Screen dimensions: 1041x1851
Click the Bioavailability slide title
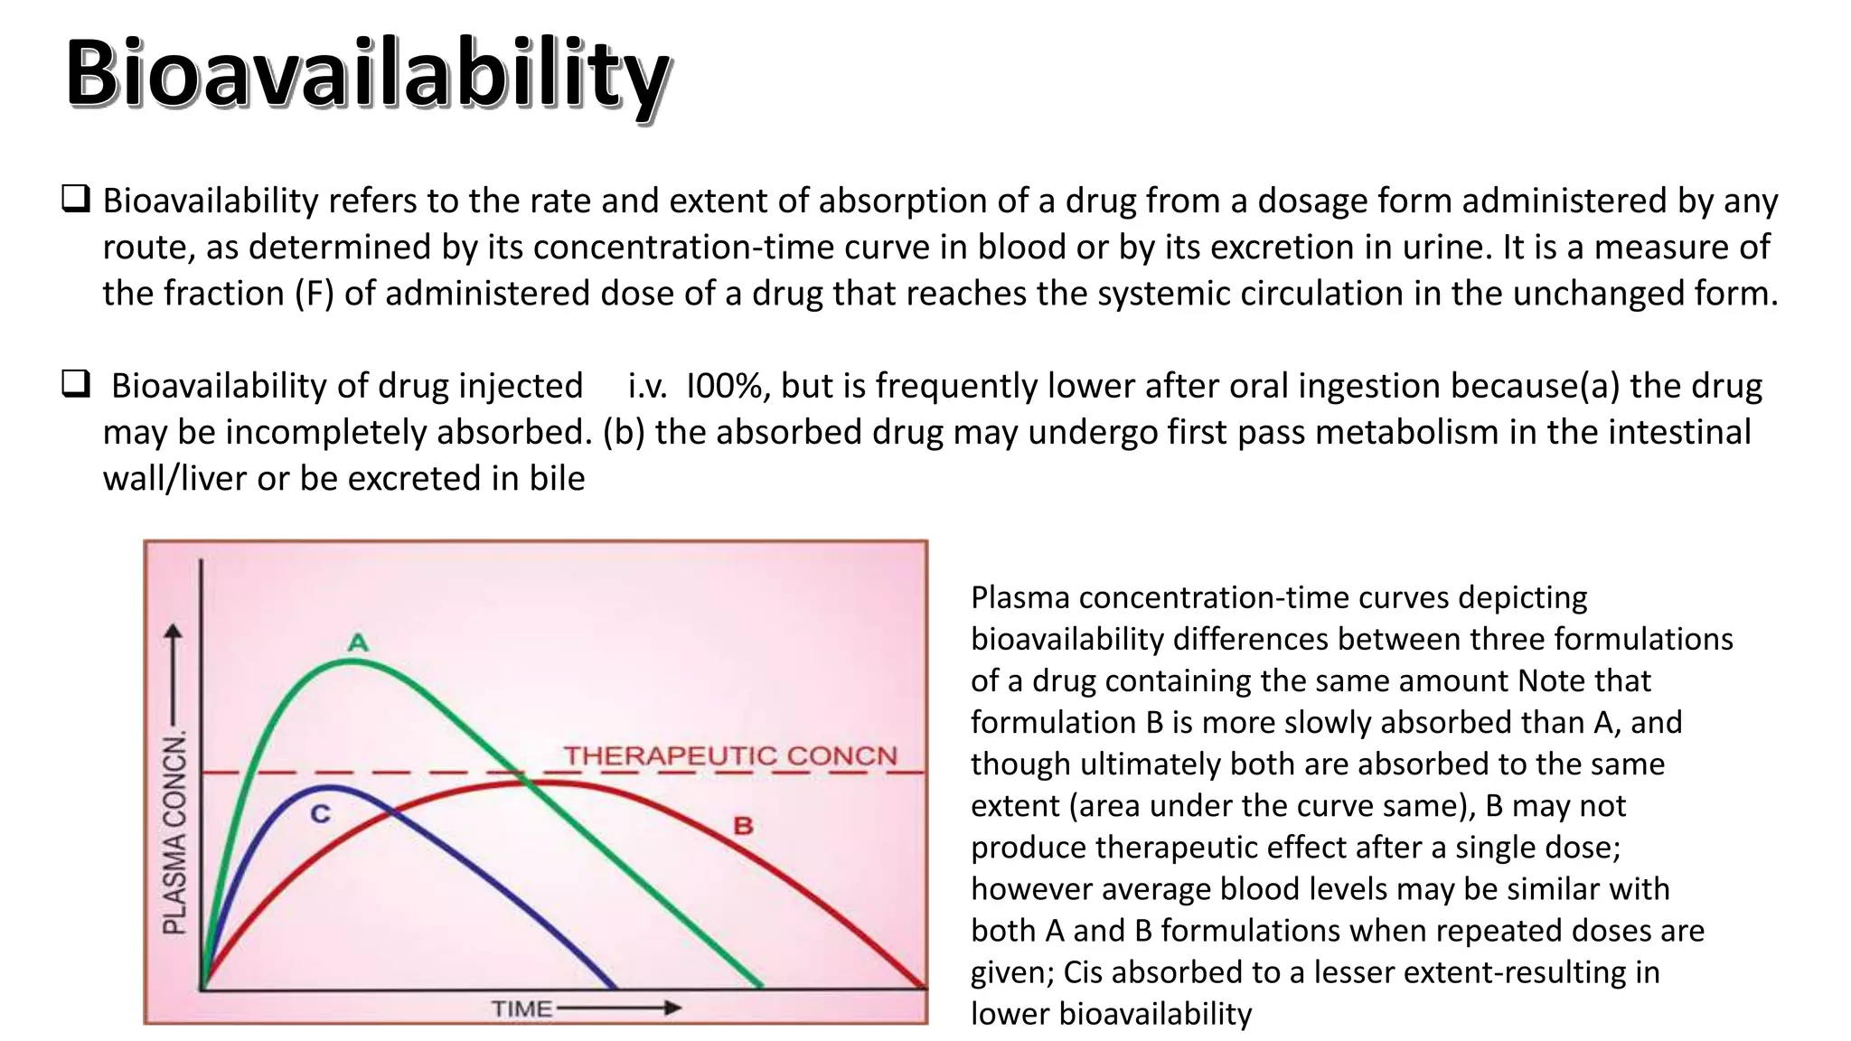pyautogui.click(x=367, y=74)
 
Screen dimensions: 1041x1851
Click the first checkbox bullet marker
pyautogui.click(x=75, y=199)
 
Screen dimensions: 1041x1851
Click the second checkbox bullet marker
pyautogui.click(x=75, y=384)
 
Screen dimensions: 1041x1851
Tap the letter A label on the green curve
pyautogui.click(x=358, y=642)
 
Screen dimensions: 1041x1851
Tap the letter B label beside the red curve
pyautogui.click(x=743, y=825)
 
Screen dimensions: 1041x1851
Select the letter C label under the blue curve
pyautogui.click(x=321, y=814)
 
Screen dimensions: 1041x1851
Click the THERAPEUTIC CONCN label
pyautogui.click(x=730, y=755)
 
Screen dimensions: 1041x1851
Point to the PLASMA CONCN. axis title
pyautogui.click(x=175, y=832)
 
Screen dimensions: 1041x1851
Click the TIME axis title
pyautogui.click(x=521, y=1008)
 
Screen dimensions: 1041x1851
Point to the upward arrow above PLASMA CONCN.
pyautogui.click(x=174, y=673)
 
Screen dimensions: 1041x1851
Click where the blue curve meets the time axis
pyautogui.click(x=615, y=988)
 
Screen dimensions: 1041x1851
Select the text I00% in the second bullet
pyautogui.click(x=724, y=386)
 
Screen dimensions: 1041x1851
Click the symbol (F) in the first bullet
pyautogui.click(x=315, y=294)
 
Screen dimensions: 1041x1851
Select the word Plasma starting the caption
pyautogui.click(x=1019, y=597)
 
